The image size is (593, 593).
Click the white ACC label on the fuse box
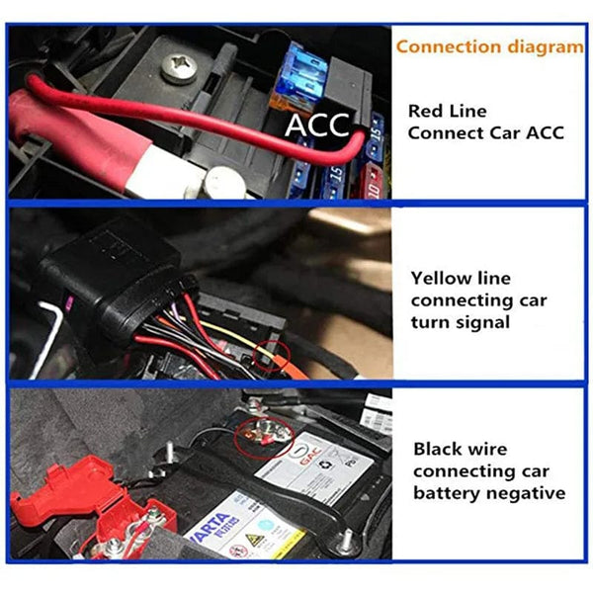[x=318, y=126]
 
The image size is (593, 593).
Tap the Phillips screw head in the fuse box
[x=178, y=67]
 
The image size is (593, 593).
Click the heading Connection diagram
[x=489, y=46]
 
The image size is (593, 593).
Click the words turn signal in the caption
[x=465, y=321]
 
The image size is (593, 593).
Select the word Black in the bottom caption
[x=438, y=449]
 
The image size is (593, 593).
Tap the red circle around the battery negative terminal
[x=266, y=432]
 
